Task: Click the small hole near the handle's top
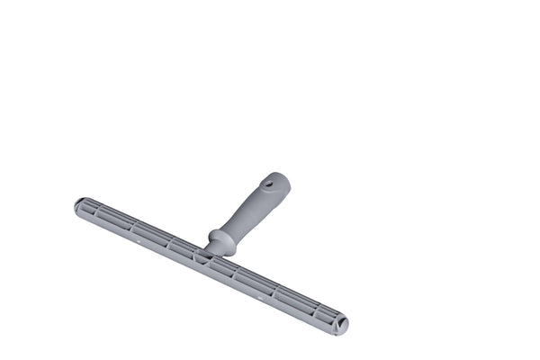click(269, 184)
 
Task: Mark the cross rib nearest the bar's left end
click(94, 212)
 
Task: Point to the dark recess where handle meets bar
click(204, 256)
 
